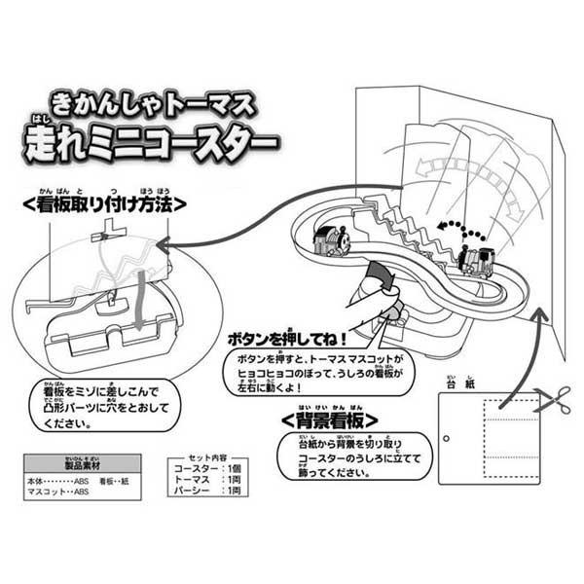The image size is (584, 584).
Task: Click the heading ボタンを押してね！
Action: click(281, 342)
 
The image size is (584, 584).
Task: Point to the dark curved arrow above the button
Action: click(381, 281)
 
